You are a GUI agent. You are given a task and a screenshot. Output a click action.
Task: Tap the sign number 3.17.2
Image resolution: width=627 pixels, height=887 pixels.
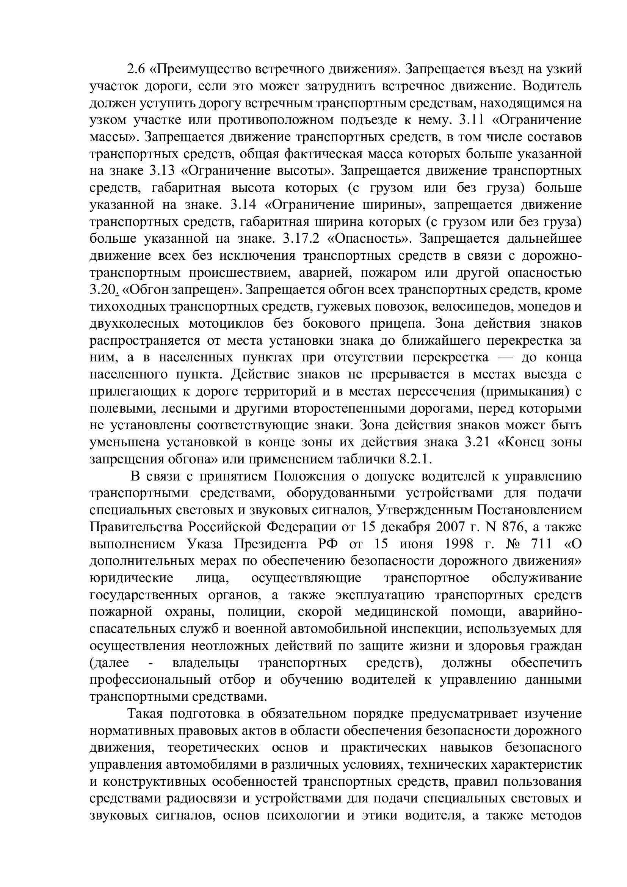coord(301,239)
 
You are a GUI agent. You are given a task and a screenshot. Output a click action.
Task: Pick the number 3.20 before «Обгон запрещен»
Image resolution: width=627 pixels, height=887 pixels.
coord(102,289)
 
